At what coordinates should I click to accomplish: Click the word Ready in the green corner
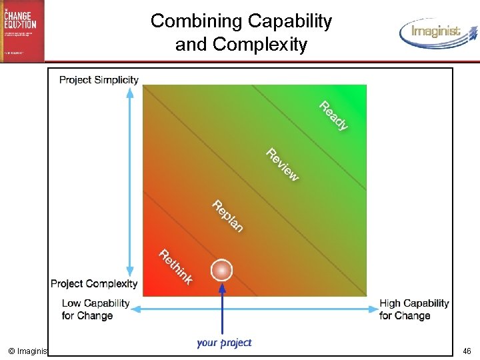pyautogui.click(x=333, y=115)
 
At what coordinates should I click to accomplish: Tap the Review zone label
pyautogui.click(x=283, y=164)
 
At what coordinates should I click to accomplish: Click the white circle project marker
pyautogui.click(x=221, y=270)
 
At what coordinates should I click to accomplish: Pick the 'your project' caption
pyautogui.click(x=224, y=343)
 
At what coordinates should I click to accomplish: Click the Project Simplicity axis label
pyautogui.click(x=99, y=80)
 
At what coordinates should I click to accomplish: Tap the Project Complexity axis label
pyautogui.click(x=94, y=283)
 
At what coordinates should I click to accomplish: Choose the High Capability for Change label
pyautogui.click(x=414, y=309)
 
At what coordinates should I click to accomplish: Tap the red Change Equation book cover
pyautogui.click(x=23, y=31)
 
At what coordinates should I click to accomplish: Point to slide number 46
pyautogui.click(x=466, y=351)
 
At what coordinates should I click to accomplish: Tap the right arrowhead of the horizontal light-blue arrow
pyautogui.click(x=374, y=309)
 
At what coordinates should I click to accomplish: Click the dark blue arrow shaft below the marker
pyautogui.click(x=221, y=307)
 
